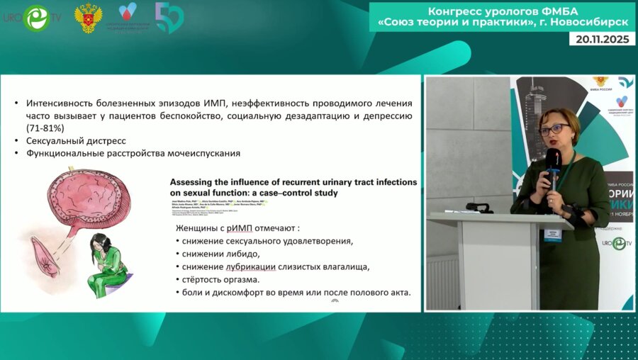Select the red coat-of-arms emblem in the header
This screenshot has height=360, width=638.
click(88, 18)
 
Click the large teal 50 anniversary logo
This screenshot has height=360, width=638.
click(169, 18)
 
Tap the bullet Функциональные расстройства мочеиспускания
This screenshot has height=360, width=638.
click(133, 152)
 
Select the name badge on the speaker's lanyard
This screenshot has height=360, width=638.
click(552, 233)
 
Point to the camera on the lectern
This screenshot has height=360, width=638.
click(478, 208)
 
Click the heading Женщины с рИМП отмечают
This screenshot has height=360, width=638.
click(237, 227)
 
